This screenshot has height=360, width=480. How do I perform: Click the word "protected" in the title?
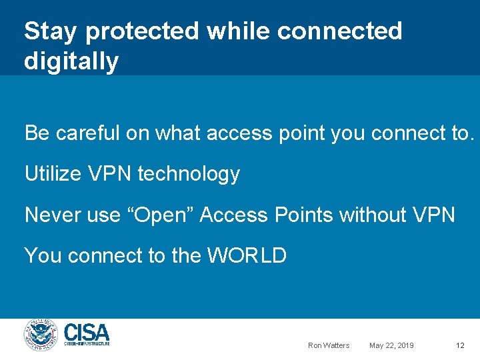(142, 31)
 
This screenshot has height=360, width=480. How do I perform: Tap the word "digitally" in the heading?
(71, 61)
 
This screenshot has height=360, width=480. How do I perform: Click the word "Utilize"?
(54, 174)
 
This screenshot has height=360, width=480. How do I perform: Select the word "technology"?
(189, 175)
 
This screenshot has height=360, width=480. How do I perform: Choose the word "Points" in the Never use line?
(301, 215)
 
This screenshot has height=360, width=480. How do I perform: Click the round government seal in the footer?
(41, 335)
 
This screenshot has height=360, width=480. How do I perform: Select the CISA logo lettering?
(87, 333)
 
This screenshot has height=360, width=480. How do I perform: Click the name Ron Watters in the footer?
(329, 345)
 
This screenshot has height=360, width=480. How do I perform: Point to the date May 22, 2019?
(391, 345)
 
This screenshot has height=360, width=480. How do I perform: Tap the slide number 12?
(460, 345)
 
